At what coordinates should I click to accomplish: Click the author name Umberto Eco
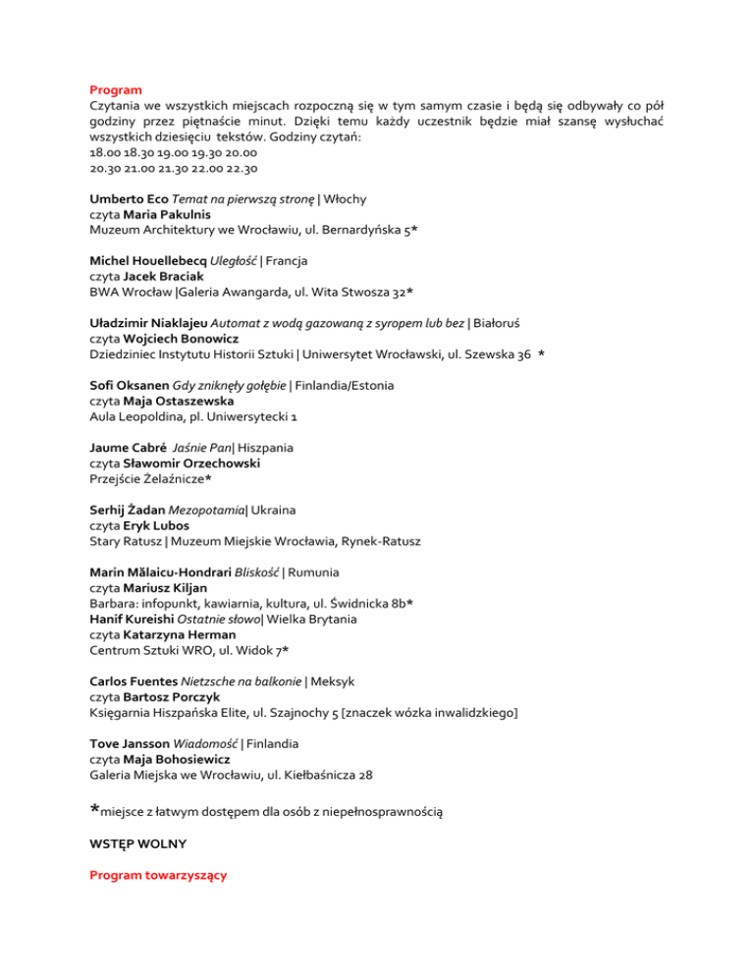128,198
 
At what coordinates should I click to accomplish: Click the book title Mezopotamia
229,511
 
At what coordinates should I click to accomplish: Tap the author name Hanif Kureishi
138,620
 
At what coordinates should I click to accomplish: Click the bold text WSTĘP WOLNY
136,843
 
